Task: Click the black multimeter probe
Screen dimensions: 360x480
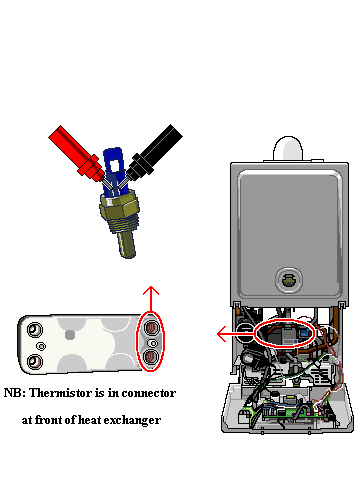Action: click(x=155, y=152)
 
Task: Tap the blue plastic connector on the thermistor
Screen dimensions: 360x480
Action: click(x=113, y=172)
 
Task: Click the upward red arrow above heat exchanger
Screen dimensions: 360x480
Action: click(x=151, y=299)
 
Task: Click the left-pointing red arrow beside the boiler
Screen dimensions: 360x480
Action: click(x=236, y=333)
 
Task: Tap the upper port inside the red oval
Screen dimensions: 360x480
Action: click(x=152, y=327)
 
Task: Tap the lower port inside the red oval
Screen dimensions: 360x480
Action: click(x=151, y=357)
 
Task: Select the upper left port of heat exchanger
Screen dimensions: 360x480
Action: click(x=34, y=330)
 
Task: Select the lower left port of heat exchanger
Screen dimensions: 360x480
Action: click(x=34, y=361)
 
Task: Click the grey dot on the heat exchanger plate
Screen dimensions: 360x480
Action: click(x=70, y=335)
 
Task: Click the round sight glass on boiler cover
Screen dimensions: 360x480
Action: click(x=289, y=280)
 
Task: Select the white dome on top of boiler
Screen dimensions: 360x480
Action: click(x=288, y=148)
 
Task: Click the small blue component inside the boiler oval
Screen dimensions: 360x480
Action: click(x=304, y=333)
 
